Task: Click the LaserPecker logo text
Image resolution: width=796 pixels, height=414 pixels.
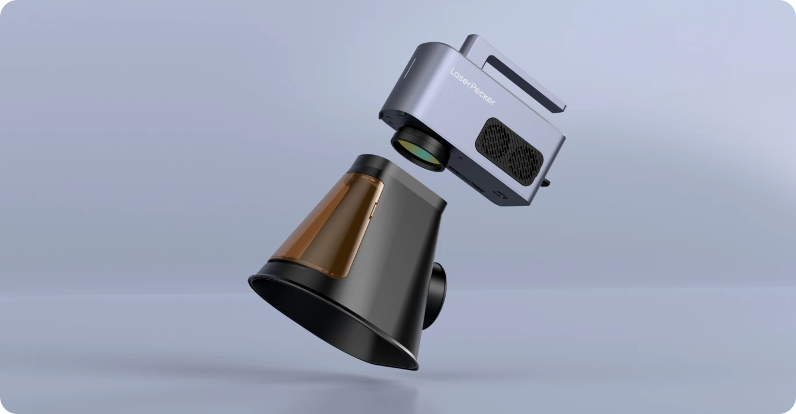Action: (472, 86)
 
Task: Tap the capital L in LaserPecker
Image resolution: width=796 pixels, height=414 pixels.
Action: (453, 72)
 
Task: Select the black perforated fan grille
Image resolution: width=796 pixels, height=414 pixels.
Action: (509, 151)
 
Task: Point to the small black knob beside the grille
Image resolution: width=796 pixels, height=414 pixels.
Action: (546, 183)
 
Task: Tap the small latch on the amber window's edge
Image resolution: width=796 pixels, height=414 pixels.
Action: (373, 211)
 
